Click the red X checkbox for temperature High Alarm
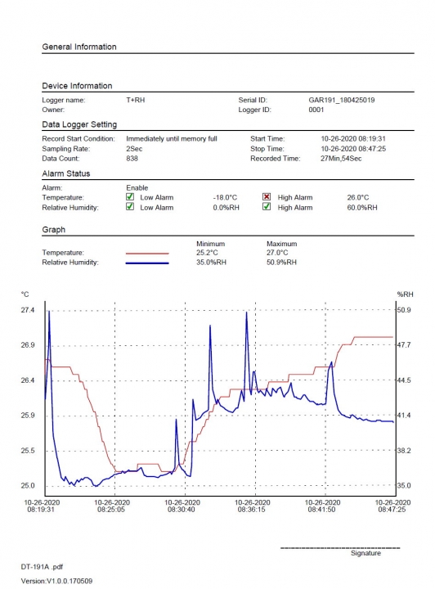[267, 197]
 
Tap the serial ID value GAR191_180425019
[342, 100]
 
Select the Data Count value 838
[132, 159]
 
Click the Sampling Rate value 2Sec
[134, 149]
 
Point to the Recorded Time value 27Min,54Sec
[341, 159]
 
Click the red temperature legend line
[147, 254]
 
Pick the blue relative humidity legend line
[147, 263]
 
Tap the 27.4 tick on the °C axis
[28, 310]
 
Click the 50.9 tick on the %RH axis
[404, 310]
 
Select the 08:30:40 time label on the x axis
[182, 510]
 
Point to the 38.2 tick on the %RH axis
[404, 451]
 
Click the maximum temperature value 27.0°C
[277, 253]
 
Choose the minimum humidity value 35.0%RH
[211, 263]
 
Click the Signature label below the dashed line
[365, 553]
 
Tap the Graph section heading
[54, 230]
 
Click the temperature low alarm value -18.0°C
[225, 198]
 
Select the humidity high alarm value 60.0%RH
[362, 207]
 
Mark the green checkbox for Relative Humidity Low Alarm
[130, 207]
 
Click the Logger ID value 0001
[316, 110]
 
